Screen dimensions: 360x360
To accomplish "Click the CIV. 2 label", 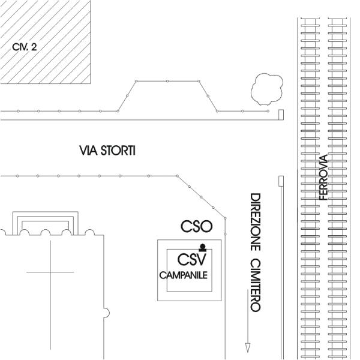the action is click(25, 46).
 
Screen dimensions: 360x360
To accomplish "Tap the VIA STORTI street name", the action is click(107, 150).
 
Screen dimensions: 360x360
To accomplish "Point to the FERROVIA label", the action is click(323, 177).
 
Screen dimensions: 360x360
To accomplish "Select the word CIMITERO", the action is click(254, 285).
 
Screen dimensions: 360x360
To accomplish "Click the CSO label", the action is click(196, 226).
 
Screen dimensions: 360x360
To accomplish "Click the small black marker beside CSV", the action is click(203, 247).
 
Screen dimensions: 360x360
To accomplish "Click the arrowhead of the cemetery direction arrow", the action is click(247, 347).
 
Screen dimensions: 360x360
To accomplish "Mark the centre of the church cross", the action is click(50, 272).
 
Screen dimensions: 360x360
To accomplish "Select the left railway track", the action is click(308, 180).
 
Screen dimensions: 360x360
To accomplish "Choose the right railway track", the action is click(339, 180).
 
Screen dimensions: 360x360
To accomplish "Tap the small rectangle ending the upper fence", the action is click(281, 115).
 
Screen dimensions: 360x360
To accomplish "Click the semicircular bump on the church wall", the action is click(106, 312).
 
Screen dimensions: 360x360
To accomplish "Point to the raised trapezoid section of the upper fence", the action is click(168, 95).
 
